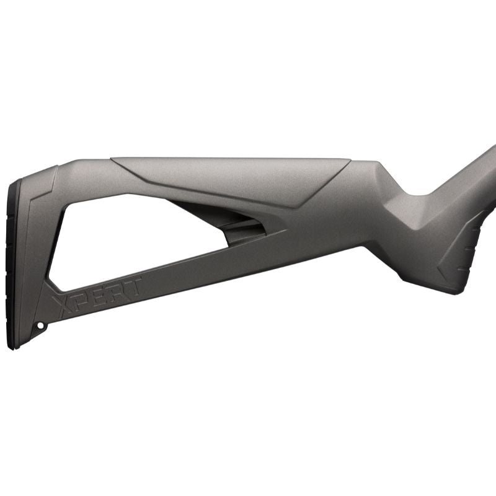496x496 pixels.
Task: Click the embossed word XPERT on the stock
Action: click(98, 295)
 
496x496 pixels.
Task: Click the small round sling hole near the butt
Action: click(41, 325)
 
